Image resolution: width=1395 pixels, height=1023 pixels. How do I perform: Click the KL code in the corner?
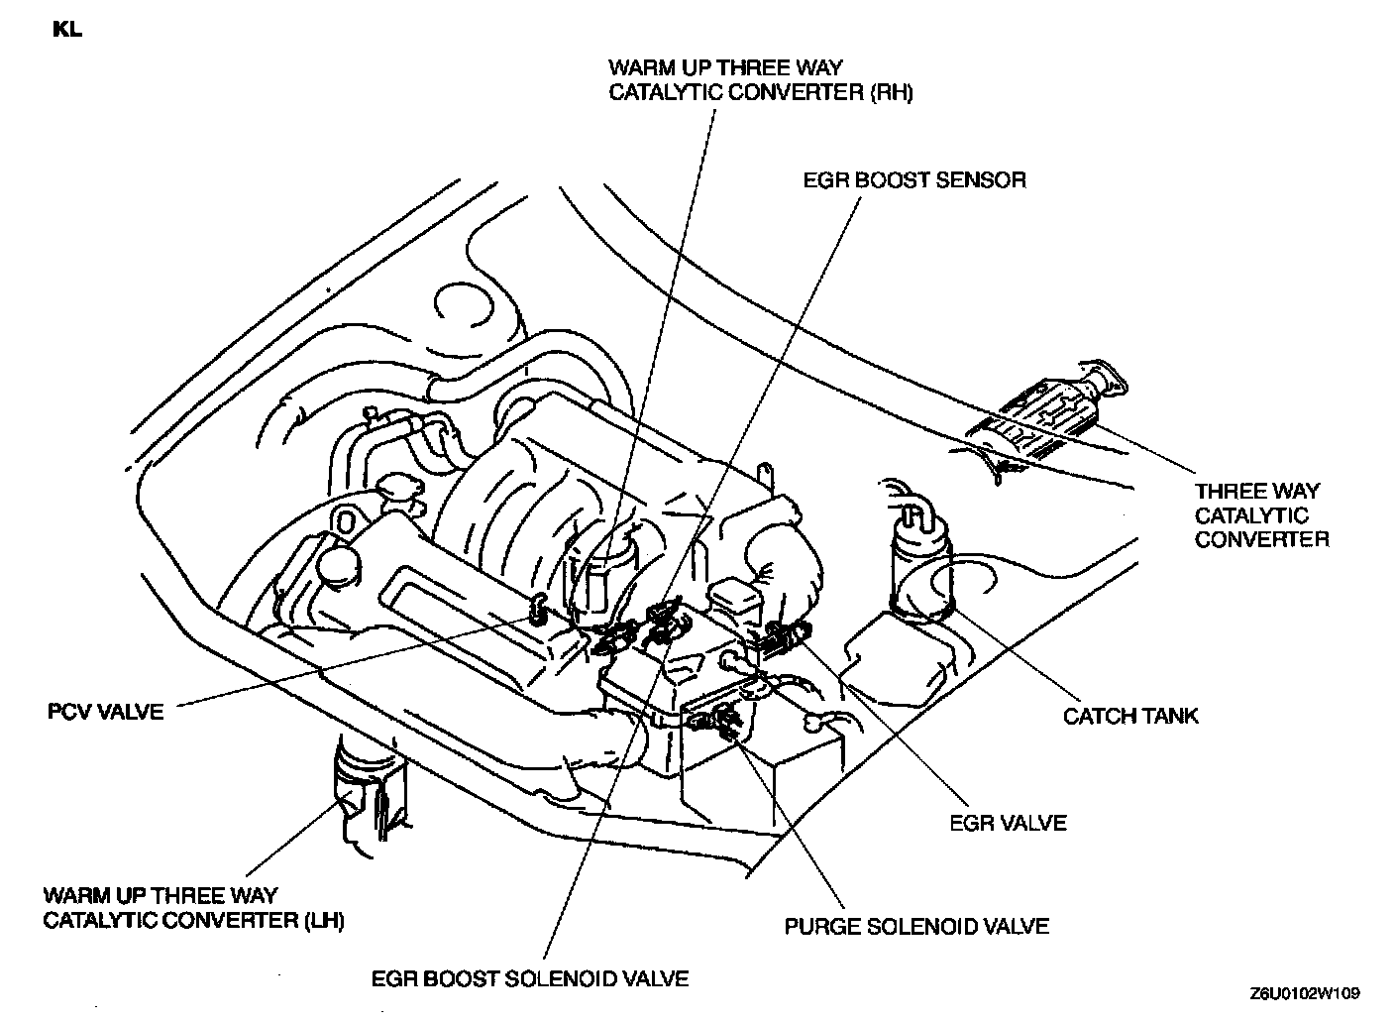tap(68, 30)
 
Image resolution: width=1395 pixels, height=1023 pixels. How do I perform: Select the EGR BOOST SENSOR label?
tap(913, 179)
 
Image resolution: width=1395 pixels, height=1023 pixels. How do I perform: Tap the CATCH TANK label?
tap(1130, 715)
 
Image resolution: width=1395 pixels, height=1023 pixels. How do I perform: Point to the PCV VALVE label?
tap(105, 711)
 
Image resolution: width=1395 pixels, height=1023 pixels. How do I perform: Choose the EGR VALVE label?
tap(1008, 822)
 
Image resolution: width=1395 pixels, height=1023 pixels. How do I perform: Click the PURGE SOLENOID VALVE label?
tap(916, 926)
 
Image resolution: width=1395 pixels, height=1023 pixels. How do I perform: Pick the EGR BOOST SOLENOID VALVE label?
tap(530, 978)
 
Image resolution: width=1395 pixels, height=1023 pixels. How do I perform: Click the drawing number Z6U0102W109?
tap(1305, 992)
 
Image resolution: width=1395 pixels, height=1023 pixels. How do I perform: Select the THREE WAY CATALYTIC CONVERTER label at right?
tap(1260, 515)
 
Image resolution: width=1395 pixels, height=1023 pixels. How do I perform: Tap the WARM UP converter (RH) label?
tap(760, 80)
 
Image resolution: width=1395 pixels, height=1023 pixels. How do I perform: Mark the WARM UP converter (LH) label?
tap(193, 907)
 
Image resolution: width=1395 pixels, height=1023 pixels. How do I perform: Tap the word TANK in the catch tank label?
tap(1166, 715)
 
